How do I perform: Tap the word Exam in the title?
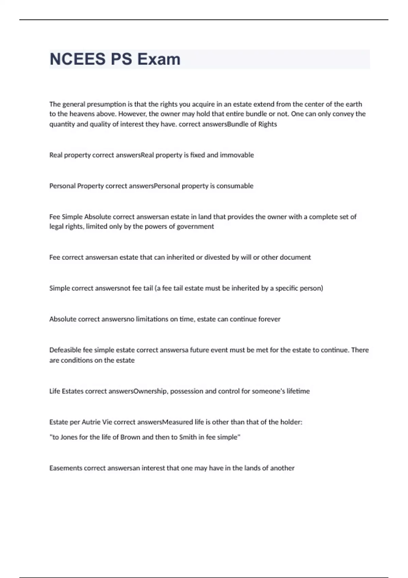click(159, 59)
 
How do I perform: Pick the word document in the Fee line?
click(295, 257)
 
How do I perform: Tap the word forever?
click(269, 319)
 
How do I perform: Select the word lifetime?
click(298, 391)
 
